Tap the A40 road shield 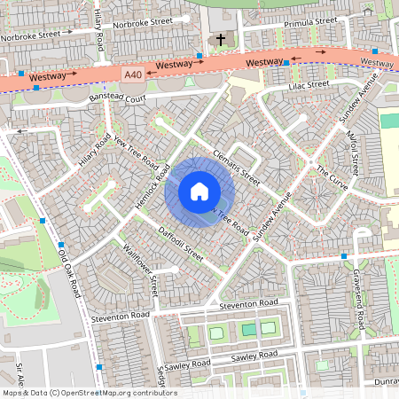coord(133,75)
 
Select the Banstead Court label coord(111,98)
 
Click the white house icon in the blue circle coord(199,192)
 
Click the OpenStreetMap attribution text coord(89,393)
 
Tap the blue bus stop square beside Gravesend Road coord(343,256)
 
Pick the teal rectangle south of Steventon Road coord(249,330)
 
